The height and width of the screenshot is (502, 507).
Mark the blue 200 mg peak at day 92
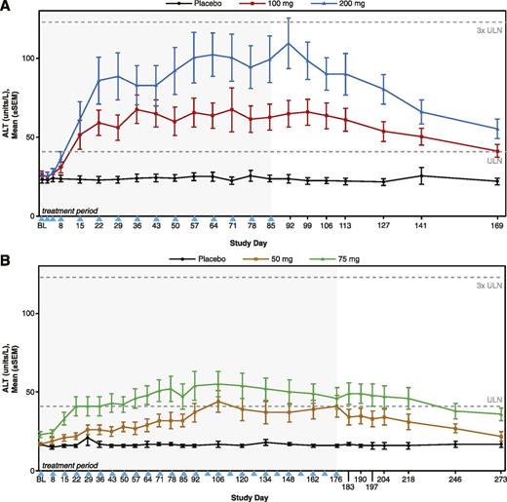pyautogui.click(x=289, y=44)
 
